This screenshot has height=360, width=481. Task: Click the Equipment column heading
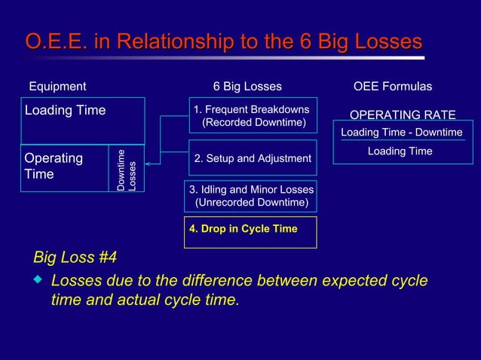[57, 87]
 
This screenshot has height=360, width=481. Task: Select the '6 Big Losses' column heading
[247, 87]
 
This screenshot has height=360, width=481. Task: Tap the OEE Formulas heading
[393, 87]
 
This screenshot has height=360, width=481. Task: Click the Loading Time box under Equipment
[82, 120]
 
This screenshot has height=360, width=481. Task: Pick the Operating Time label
[54, 166]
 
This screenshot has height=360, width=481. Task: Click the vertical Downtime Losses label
[126, 168]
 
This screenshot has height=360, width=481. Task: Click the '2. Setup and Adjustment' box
[253, 158]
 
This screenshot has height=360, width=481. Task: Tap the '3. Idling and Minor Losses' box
[251, 196]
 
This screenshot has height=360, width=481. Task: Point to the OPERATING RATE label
[403, 114]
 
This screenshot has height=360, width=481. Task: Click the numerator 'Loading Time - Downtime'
[402, 133]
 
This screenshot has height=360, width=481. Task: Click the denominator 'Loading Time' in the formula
[400, 151]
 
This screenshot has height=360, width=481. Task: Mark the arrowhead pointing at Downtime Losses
[149, 163]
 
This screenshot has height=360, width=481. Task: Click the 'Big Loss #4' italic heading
[75, 258]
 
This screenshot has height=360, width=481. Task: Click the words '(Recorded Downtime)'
[254, 122]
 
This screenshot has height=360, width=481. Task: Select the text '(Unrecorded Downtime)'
[251, 203]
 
